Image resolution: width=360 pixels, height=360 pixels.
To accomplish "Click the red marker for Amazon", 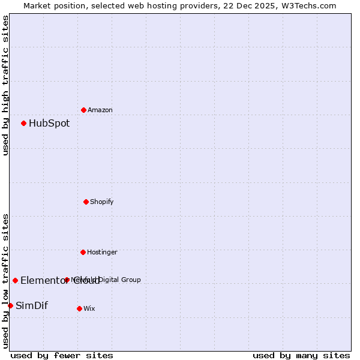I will tap(83, 110).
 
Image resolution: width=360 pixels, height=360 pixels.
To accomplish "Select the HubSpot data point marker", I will tap(23, 123).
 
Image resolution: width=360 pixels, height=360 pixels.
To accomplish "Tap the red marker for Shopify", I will tap(86, 202).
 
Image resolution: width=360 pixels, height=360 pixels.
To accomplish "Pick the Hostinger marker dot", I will tap(83, 252).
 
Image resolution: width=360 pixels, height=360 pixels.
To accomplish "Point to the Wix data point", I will tap(79, 308).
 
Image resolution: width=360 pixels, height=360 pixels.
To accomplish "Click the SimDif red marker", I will tap(10, 305).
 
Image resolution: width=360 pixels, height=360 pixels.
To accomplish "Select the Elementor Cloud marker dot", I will tap(15, 280).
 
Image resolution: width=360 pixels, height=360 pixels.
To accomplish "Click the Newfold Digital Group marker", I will tap(67, 280).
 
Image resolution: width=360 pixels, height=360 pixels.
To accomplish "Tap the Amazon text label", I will tap(100, 110).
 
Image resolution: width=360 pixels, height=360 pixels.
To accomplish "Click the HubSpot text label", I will tap(49, 124).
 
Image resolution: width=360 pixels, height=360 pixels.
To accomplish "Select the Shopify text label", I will tap(102, 202).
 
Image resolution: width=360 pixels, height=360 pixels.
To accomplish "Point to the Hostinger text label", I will tap(102, 252).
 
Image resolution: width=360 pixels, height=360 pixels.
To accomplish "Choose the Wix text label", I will tap(89, 308).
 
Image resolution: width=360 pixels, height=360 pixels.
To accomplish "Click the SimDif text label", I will tap(32, 306).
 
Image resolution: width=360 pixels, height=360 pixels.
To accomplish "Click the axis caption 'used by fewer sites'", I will tap(62, 355).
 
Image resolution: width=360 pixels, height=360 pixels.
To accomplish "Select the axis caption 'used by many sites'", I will tap(301, 355).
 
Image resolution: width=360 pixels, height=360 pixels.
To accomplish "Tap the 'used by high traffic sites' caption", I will tap(5, 85).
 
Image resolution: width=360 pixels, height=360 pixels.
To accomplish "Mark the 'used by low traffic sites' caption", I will tap(5, 280).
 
